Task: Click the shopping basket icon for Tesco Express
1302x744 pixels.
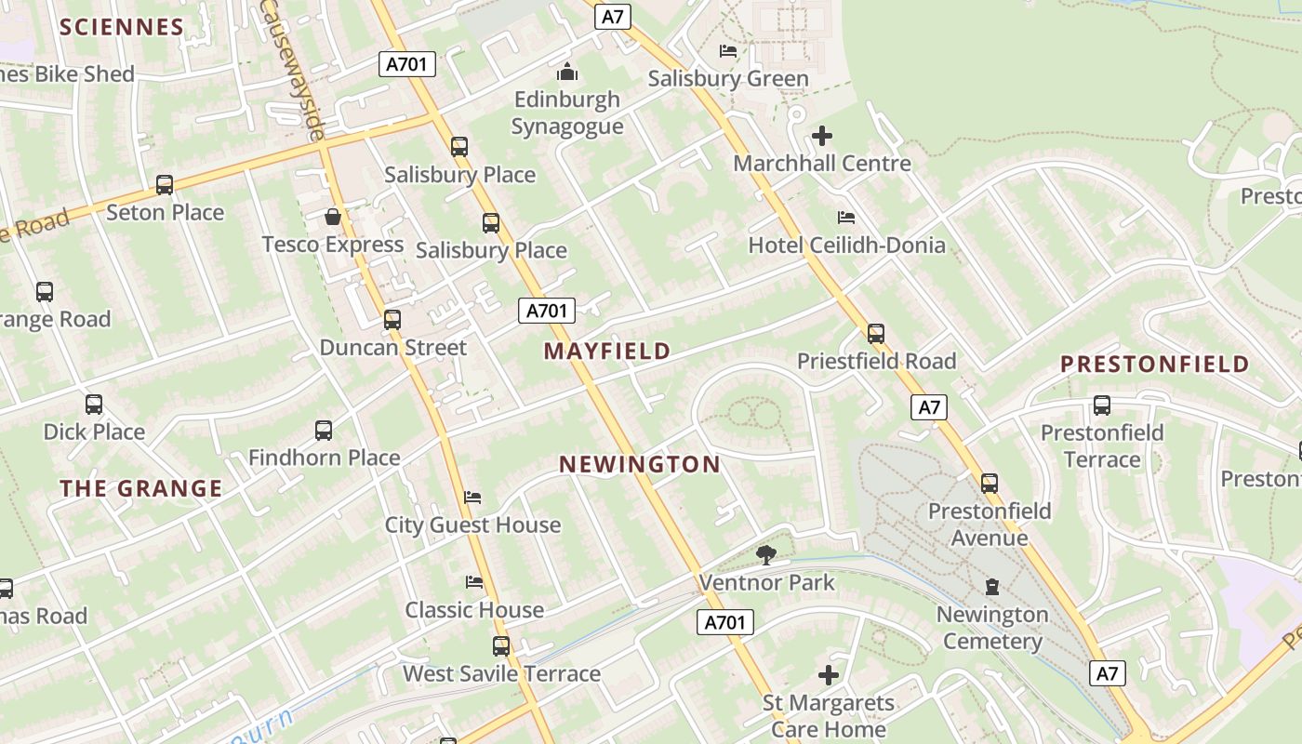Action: point(333,218)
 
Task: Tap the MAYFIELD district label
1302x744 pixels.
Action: point(607,352)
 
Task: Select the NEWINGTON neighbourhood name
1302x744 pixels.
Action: point(640,465)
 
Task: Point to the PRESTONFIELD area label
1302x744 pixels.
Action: point(1155,365)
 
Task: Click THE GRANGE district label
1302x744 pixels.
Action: point(141,489)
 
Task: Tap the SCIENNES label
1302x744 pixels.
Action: point(122,27)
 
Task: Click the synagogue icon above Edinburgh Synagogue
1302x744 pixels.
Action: point(566,72)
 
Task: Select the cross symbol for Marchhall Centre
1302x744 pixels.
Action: point(822,137)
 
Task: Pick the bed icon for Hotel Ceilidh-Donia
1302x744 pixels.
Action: point(846,218)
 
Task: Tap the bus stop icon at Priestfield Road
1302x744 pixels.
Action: point(876,334)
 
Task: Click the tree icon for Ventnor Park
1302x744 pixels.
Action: point(766,555)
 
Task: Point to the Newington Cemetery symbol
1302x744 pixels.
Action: point(992,587)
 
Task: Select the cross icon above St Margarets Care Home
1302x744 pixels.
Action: point(828,675)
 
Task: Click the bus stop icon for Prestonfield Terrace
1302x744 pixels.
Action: point(1102,405)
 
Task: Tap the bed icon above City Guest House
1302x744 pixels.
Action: point(472,498)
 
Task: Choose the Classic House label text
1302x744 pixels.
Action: point(474,611)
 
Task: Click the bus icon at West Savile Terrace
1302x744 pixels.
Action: point(501,645)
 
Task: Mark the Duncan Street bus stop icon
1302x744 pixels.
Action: point(392,320)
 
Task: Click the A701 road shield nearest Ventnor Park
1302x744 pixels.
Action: point(724,622)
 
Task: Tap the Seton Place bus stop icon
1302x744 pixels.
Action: point(165,185)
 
